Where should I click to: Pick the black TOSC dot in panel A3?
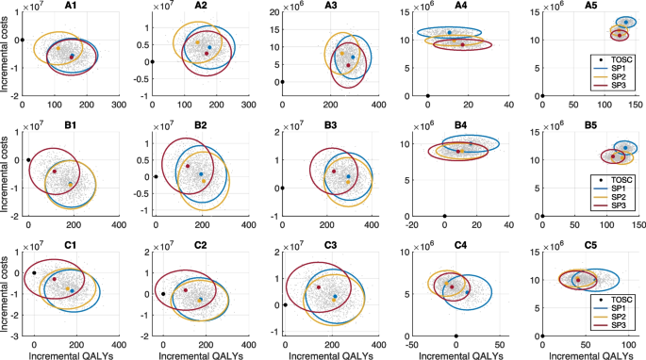tap(281, 82)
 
